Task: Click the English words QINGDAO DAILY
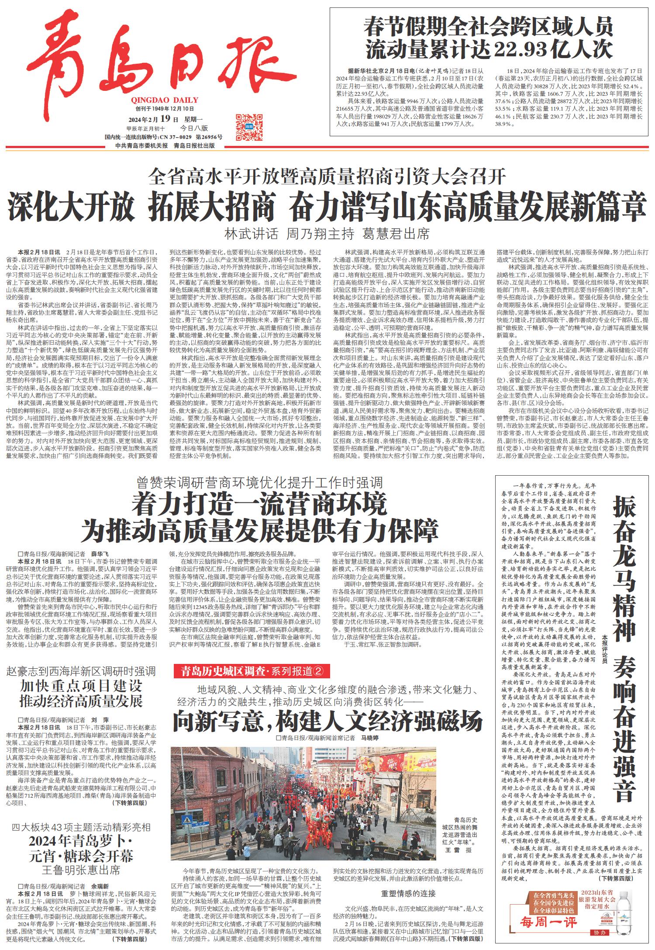164,100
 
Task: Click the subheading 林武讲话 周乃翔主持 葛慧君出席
327,234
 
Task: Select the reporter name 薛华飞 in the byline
99,553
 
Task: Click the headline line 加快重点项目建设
81,686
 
